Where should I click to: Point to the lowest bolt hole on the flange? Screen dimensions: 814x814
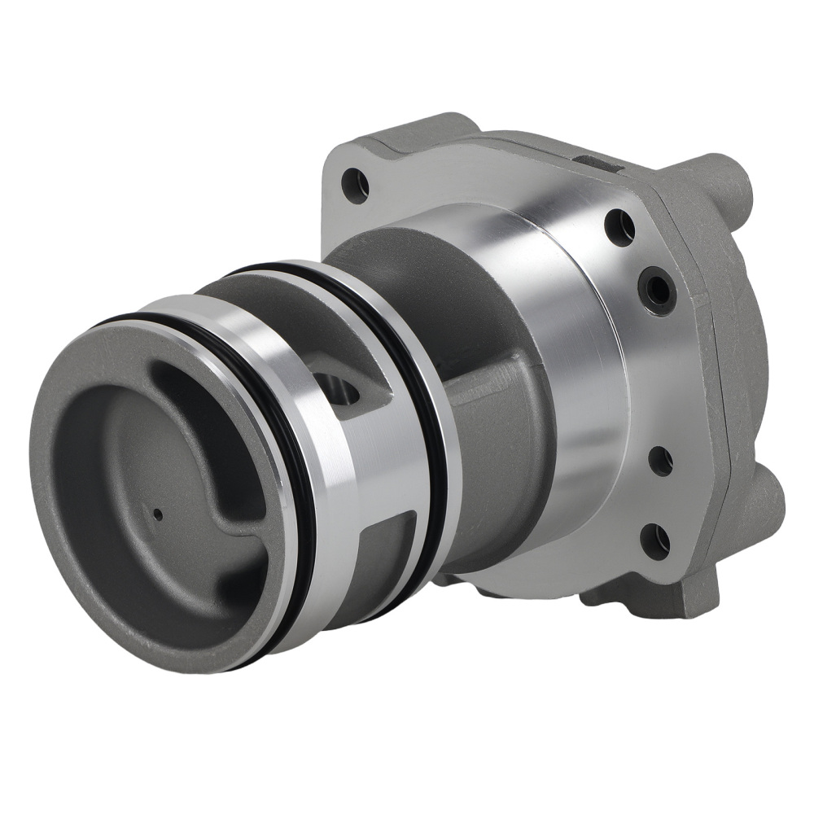[x=656, y=540]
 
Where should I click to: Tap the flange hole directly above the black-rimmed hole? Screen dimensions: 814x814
[x=620, y=226]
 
